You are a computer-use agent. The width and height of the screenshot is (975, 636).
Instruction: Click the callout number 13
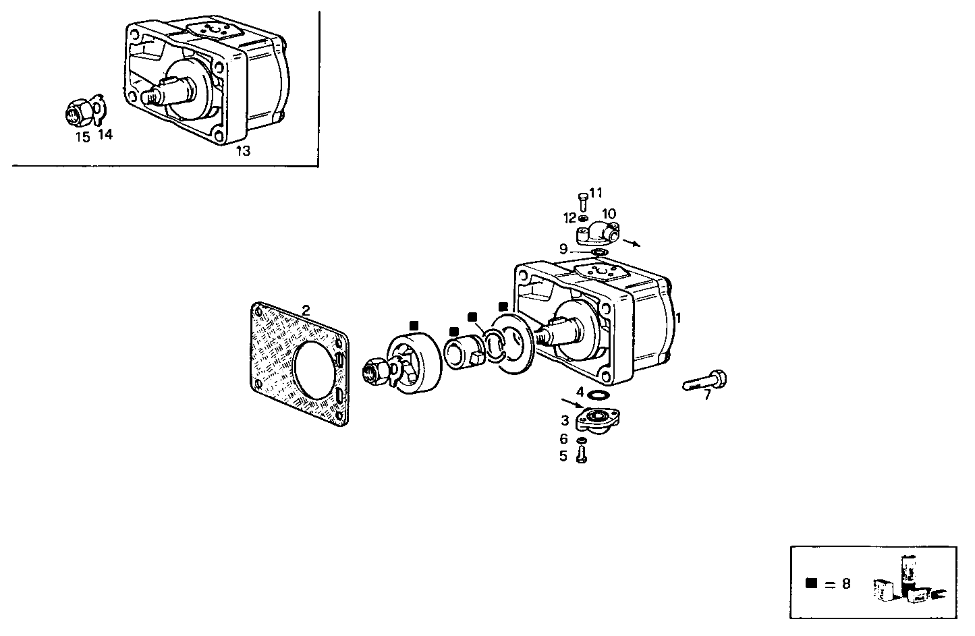(242, 151)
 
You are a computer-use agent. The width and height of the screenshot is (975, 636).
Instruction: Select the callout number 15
(82, 138)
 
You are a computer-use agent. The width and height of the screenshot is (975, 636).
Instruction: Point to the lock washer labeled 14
(99, 110)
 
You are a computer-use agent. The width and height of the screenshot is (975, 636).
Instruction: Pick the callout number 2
(306, 310)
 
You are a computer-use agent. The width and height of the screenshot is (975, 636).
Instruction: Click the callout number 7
(707, 396)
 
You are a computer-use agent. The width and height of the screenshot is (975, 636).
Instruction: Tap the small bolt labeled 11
(582, 201)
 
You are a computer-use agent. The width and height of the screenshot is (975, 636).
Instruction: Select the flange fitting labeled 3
(596, 420)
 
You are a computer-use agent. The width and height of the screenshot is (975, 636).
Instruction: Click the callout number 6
(563, 439)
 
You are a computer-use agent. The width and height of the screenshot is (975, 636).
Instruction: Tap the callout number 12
(569, 218)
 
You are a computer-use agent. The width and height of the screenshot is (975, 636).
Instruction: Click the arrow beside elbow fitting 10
(632, 241)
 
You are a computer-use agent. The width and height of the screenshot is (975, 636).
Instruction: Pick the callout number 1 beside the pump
(678, 318)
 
